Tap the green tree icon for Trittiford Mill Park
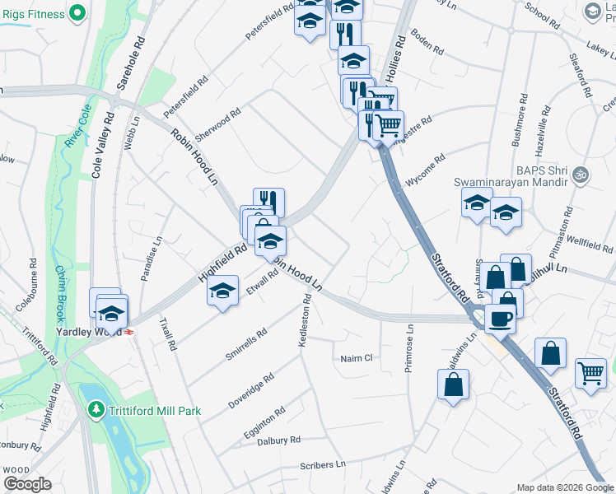tap(96, 408)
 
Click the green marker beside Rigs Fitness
tap(77, 12)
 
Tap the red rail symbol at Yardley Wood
tap(129, 332)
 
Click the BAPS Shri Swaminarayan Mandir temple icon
tap(580, 175)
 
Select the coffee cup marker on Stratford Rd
tap(500, 318)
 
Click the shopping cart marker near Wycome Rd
tap(388, 126)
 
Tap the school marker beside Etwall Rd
tap(222, 293)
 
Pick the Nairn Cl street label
tap(357, 358)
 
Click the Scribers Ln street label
tap(323, 465)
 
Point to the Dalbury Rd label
tap(278, 440)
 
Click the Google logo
tap(27, 484)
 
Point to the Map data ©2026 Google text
tap(564, 487)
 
